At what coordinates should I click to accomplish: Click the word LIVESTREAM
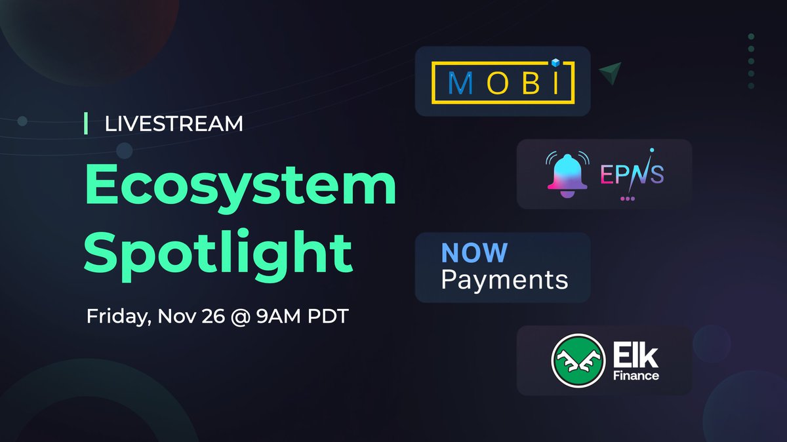coord(174,123)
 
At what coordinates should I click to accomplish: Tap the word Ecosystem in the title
coord(241,186)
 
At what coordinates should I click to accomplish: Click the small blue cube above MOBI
coord(554,63)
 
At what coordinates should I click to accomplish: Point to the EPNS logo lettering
coord(631,174)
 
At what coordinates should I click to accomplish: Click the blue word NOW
coord(474,253)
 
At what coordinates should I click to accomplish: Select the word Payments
coord(504,280)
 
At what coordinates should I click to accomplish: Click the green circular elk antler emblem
coord(578,361)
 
